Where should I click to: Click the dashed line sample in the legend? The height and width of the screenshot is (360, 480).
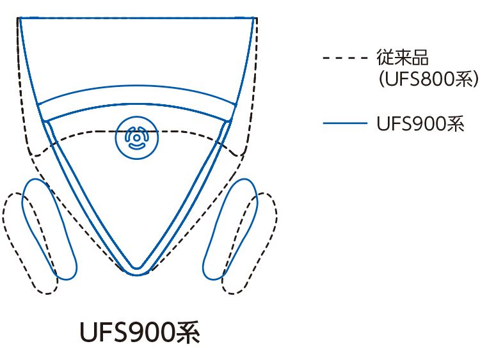[345, 58]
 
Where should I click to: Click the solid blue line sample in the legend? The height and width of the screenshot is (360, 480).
[345, 123]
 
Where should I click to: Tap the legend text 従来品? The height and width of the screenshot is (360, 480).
[403, 57]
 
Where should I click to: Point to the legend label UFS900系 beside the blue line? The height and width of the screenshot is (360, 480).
[420, 124]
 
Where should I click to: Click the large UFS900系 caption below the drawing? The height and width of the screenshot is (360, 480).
[140, 333]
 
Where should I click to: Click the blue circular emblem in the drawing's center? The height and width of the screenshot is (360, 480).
[137, 137]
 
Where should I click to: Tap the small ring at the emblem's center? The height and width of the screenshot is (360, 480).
[136, 137]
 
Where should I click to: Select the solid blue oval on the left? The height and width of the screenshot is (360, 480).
[49, 229]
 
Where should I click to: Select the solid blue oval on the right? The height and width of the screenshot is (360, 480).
[230, 229]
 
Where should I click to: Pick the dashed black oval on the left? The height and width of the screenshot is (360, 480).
[30, 244]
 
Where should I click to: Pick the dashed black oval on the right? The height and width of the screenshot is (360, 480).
[250, 244]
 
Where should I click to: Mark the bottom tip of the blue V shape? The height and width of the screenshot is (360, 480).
[137, 275]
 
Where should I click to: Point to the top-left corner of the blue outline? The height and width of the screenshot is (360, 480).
[19, 18]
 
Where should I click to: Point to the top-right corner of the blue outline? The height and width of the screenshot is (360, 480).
[254, 18]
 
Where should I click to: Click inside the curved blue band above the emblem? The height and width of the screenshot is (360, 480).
[136, 95]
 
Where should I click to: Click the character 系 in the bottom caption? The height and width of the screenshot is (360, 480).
[188, 333]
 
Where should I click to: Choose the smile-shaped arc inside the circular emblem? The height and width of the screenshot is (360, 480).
[136, 146]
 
